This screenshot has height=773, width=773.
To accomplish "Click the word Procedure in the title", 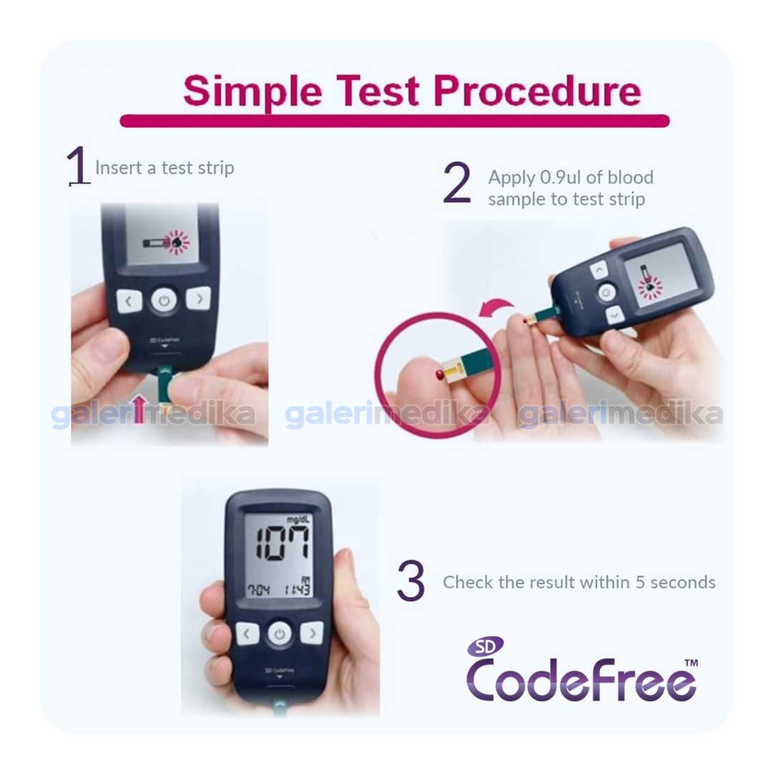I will [537, 91].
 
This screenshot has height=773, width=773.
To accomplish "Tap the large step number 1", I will [78, 166].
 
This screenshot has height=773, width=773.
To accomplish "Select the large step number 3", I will [411, 582].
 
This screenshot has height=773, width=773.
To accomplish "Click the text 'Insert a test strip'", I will [165, 168].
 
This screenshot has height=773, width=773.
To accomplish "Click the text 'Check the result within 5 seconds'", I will [579, 583].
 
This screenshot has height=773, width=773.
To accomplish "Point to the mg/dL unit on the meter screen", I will [298, 519].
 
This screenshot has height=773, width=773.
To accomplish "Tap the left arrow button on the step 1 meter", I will [129, 301].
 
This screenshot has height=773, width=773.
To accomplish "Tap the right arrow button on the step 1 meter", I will [198, 299].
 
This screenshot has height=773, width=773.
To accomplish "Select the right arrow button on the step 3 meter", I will [312, 633].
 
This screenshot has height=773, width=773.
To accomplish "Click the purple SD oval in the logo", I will [485, 647].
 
